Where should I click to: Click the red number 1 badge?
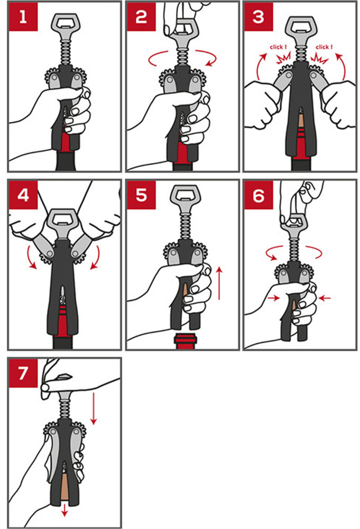click(23, 16)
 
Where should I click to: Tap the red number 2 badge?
click(141, 16)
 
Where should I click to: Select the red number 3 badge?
click(258, 16)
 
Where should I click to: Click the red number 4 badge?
click(23, 195)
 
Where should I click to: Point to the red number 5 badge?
click(141, 195)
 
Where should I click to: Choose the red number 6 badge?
click(258, 195)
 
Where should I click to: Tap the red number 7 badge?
click(23, 373)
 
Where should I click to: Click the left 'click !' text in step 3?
click(278, 47)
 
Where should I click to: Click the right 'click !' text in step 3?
click(324, 47)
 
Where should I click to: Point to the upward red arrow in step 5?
click(219, 284)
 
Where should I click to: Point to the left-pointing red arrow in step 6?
click(325, 298)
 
